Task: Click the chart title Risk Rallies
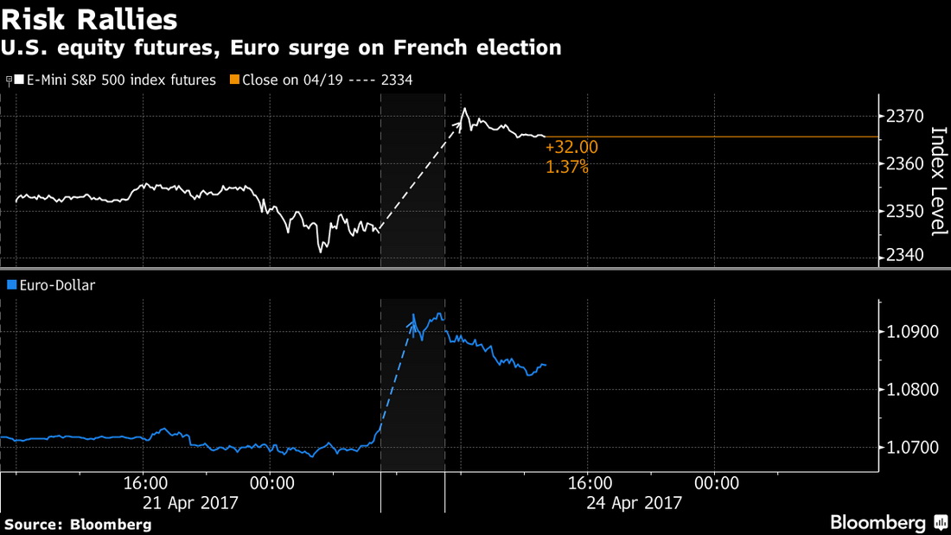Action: [x=90, y=18]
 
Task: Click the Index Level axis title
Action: [x=937, y=181]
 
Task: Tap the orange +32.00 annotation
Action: [x=571, y=148]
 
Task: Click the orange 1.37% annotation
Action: [x=567, y=167]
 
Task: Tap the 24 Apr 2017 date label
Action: [x=635, y=502]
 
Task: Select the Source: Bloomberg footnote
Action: [x=78, y=524]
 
